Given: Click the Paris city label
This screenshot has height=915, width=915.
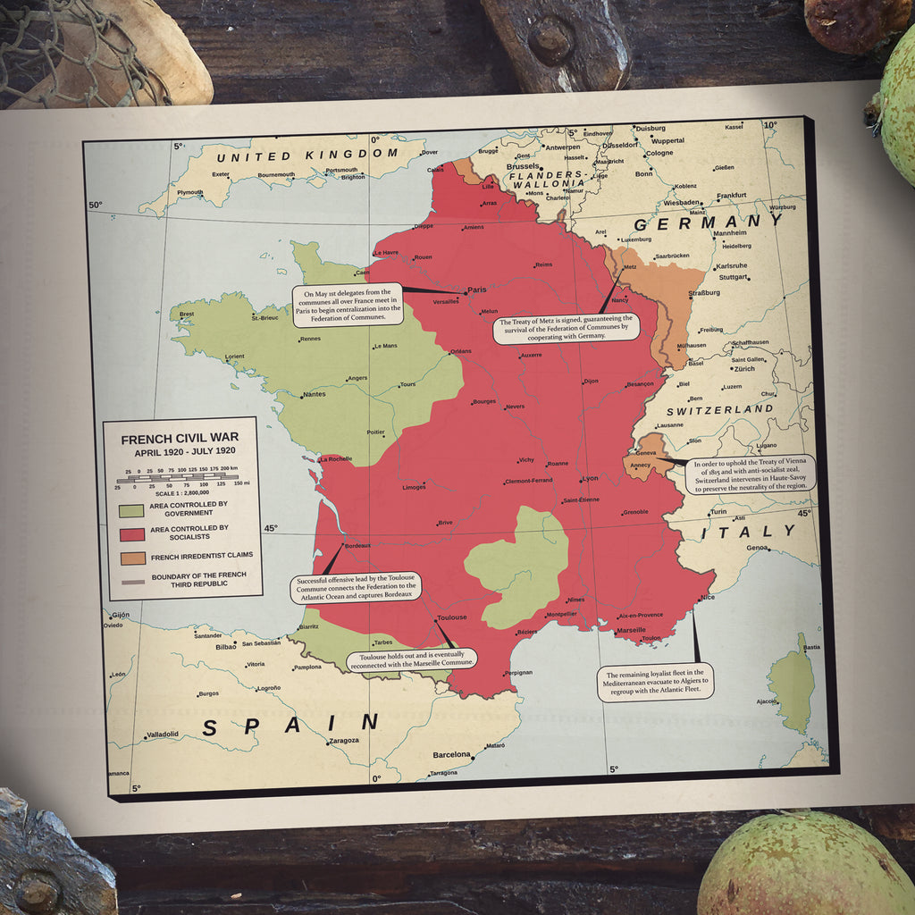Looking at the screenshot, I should coord(477,290).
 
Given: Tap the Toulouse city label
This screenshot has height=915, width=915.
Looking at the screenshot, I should coord(452,617).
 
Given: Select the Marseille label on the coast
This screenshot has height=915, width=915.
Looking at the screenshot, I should coord(631,630).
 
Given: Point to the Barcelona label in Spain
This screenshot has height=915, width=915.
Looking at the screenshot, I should coord(451,755).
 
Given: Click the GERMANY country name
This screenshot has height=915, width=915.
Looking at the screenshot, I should coord(709,222).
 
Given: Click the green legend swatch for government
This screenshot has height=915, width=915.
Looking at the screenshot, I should coord(131,510).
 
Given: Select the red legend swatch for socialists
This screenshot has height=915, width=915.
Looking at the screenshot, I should coord(131,534).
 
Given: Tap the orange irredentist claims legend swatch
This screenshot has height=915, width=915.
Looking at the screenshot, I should coord(131,558).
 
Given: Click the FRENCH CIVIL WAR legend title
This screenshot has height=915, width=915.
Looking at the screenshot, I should coord(180,439).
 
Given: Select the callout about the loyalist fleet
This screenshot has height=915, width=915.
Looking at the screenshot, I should coord(655,683).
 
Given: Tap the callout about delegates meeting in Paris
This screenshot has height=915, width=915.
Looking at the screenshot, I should coord(348,305).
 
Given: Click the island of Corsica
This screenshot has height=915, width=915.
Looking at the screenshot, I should coord(792,684).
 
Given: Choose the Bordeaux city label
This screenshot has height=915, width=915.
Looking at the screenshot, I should coord(357,545).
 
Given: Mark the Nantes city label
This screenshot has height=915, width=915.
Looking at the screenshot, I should coord(314,394).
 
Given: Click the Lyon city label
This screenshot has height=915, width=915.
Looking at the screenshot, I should coord(590,478).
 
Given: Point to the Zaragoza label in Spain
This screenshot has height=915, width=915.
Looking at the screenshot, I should coord(344,741).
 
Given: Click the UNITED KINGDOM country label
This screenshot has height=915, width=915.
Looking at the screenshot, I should coord(306,155).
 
